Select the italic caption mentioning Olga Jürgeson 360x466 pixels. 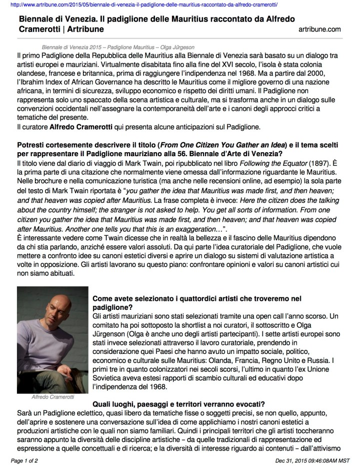(x=113, y=45)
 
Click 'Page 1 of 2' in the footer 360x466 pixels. (x=26, y=459)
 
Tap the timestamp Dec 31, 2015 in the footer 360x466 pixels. (x=291, y=459)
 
